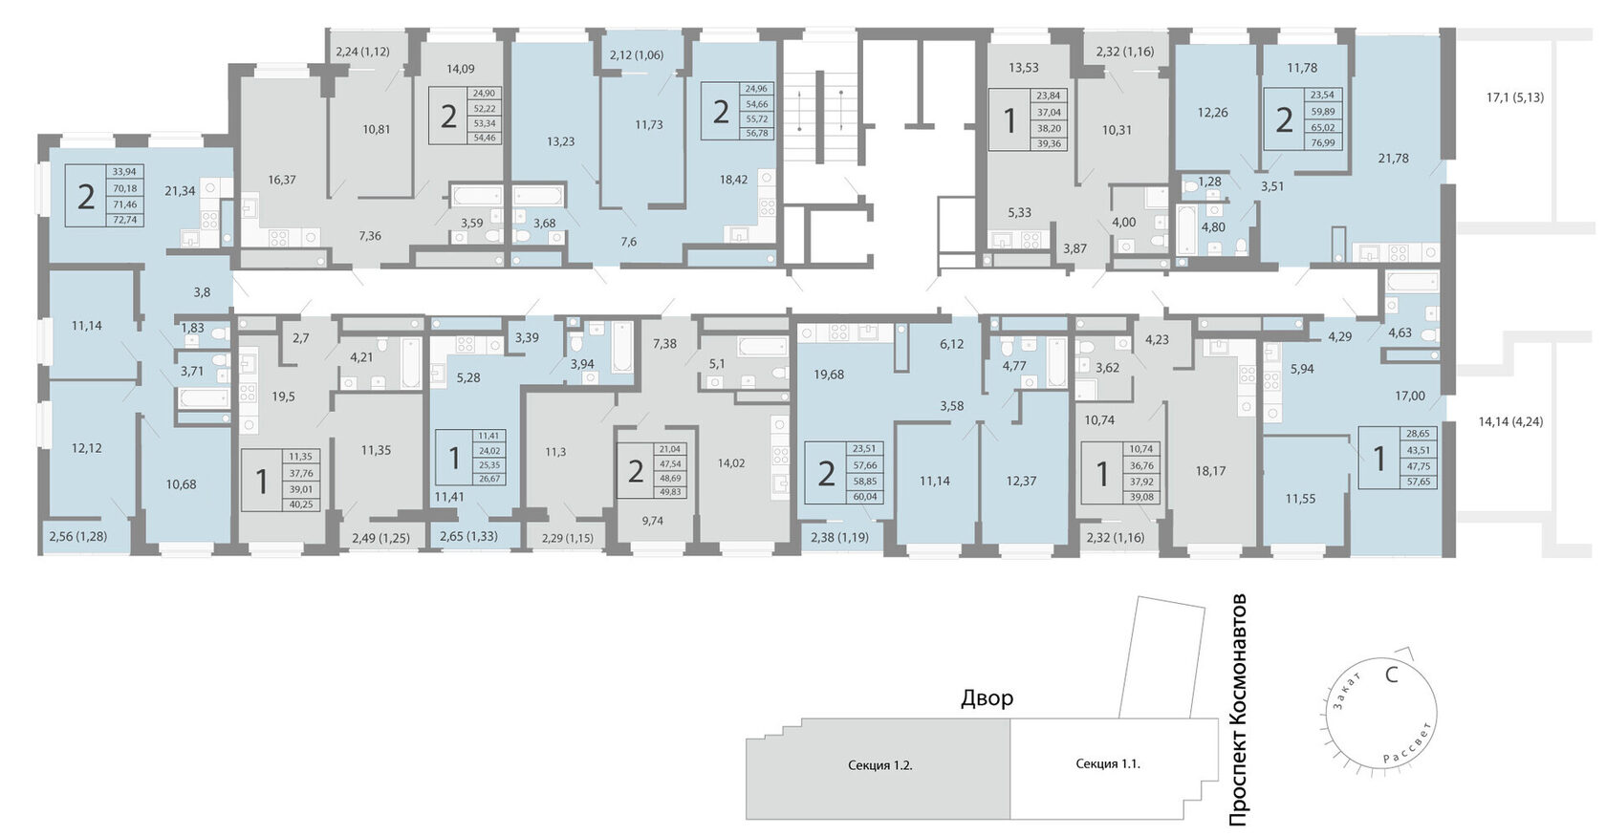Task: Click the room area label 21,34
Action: [x=180, y=190]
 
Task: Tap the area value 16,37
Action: [x=282, y=180]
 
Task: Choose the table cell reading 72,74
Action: [x=124, y=220]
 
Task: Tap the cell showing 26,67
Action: [x=489, y=479]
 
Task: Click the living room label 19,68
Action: [x=828, y=374]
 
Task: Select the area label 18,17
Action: [x=1210, y=471]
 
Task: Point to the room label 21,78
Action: [x=1393, y=159]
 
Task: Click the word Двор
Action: [x=987, y=697]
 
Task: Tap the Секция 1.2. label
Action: [x=879, y=765]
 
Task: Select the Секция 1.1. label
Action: [x=1108, y=763]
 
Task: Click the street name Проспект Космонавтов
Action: [x=1238, y=710]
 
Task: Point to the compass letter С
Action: [x=1392, y=675]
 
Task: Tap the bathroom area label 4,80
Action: [x=1213, y=227]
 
